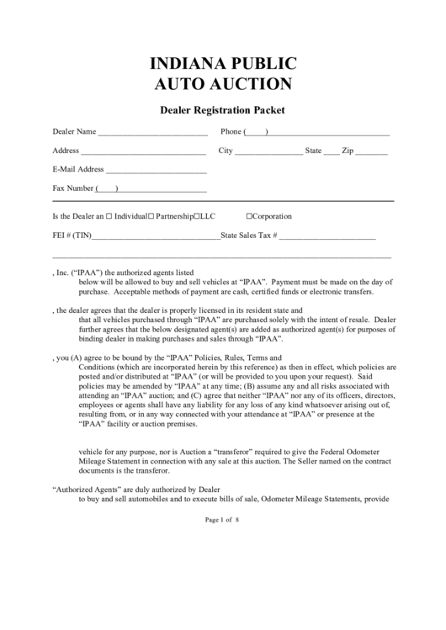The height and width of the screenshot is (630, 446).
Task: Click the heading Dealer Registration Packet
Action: [223, 109]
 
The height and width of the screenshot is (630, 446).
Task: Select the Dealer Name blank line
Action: [153, 134]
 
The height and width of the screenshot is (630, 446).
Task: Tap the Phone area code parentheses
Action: [256, 132]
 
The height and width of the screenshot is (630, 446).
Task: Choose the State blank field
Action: [332, 153]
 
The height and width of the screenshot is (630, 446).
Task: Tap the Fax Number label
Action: [73, 188]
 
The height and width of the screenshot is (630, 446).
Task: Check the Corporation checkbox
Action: [249, 216]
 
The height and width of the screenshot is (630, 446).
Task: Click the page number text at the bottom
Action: [223, 520]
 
